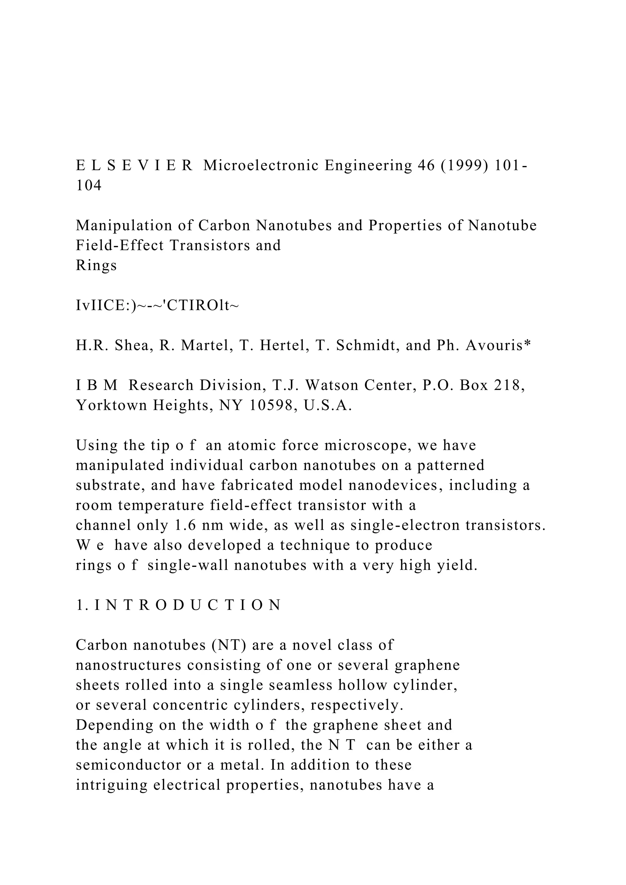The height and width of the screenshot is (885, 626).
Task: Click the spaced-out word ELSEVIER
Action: [x=134, y=166]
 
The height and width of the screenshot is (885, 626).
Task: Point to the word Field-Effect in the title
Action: [x=120, y=245]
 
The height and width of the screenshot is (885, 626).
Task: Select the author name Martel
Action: [x=207, y=345]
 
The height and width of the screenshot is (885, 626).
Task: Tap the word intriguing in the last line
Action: [x=111, y=785]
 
